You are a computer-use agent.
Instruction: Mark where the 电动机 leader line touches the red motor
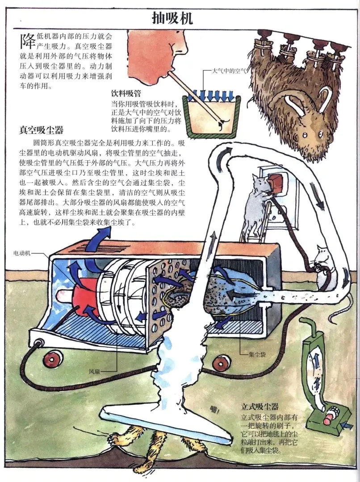[x=73, y=287]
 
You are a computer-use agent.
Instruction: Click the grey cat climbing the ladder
[x=256, y=205]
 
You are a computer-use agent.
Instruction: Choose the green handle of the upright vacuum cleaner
[x=310, y=332]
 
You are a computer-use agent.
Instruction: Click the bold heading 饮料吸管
[x=126, y=93]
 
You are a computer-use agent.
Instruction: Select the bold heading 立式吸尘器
[x=260, y=407]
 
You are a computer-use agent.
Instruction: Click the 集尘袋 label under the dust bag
[x=257, y=354]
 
